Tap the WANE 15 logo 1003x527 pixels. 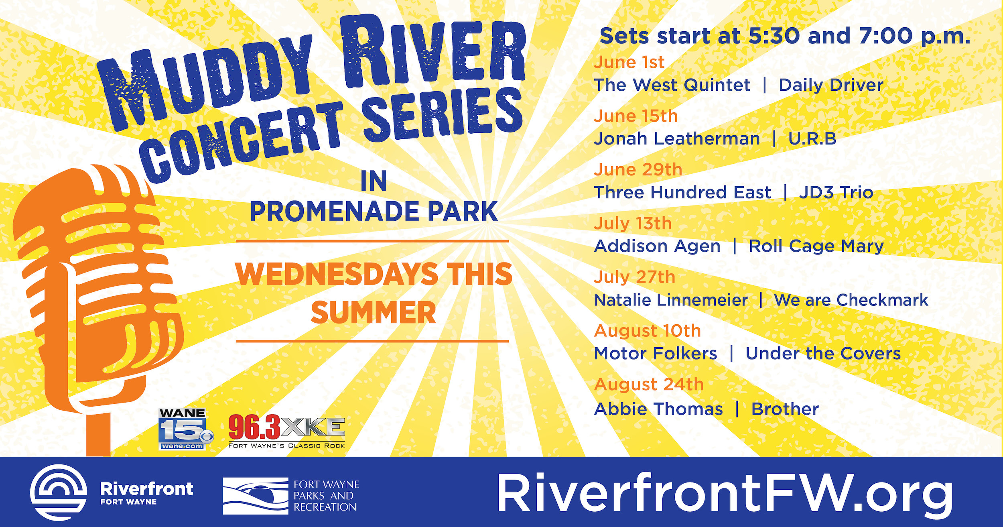point(185,429)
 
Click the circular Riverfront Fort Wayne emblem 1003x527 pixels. point(59,492)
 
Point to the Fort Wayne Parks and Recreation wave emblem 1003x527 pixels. point(256,496)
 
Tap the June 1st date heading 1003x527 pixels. point(629,62)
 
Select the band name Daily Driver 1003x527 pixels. point(831,85)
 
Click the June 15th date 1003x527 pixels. point(636,116)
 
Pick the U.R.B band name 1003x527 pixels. point(812,139)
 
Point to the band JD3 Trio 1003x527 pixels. point(836,193)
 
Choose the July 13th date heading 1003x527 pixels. point(633,224)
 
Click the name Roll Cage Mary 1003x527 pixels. point(816,246)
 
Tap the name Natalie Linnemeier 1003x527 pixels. point(671,300)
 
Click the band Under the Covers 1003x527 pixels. point(823,354)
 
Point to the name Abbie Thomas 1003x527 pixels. point(658,409)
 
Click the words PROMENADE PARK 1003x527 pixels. point(374,212)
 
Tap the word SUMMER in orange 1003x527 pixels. point(373,313)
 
